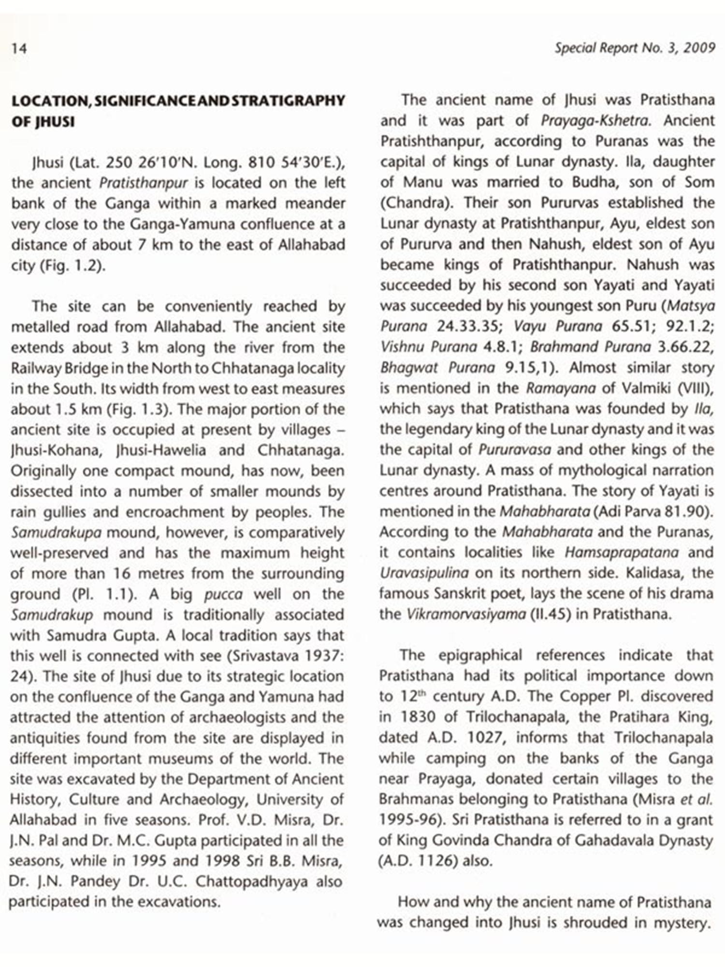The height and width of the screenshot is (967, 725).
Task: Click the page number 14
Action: click(19, 48)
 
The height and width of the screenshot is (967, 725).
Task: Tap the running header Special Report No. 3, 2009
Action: click(635, 48)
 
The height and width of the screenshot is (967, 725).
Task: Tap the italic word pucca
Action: click(223, 594)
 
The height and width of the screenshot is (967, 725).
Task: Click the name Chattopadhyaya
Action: click(251, 881)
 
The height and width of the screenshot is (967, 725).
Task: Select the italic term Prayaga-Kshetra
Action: click(596, 120)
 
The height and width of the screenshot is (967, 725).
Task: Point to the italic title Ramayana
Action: click(561, 388)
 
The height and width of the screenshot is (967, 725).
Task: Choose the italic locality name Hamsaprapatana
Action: click(621, 552)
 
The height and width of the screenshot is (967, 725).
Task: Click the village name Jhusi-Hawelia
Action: click(160, 450)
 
